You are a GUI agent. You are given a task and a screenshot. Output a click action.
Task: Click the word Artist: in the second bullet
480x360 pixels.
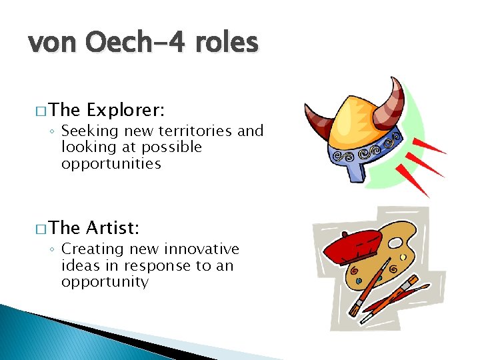tap(113, 228)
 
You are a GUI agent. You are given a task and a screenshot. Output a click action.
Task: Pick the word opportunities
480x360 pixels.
tap(111, 163)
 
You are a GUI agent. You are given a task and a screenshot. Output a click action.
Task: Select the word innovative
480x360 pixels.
tap(201, 249)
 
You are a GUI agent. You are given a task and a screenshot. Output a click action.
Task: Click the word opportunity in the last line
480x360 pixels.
tap(105, 281)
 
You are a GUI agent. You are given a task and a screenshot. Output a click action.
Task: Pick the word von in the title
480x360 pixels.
tap(49, 43)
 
